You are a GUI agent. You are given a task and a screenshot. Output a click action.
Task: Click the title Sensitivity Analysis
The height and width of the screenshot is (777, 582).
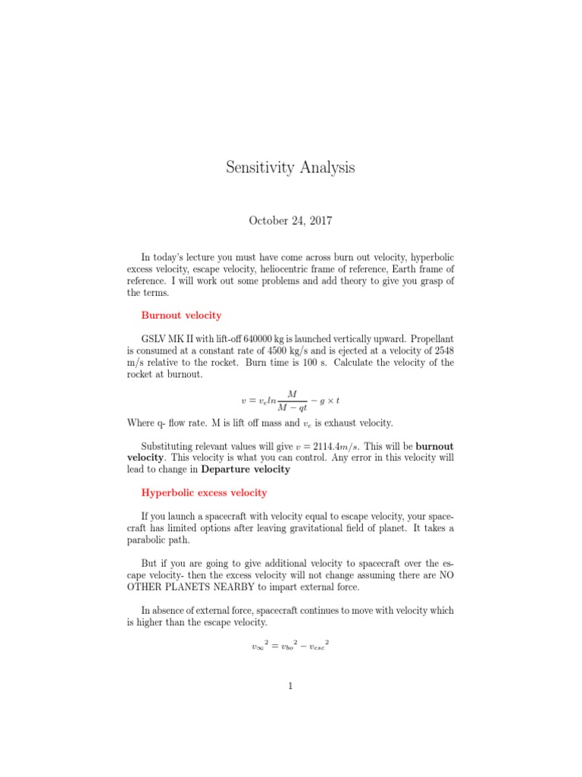pyautogui.click(x=290, y=168)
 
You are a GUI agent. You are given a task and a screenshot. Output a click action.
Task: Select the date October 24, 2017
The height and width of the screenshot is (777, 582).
pyautogui.click(x=290, y=221)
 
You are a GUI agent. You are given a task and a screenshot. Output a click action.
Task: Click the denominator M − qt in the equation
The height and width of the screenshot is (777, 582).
pyautogui.click(x=290, y=408)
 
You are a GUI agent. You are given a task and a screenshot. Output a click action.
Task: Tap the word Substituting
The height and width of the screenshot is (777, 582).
pyautogui.click(x=171, y=445)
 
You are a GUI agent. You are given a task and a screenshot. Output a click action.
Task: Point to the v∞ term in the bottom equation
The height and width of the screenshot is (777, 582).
pyautogui.click(x=258, y=647)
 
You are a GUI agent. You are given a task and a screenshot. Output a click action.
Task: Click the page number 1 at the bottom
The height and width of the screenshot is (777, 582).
pyautogui.click(x=290, y=686)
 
